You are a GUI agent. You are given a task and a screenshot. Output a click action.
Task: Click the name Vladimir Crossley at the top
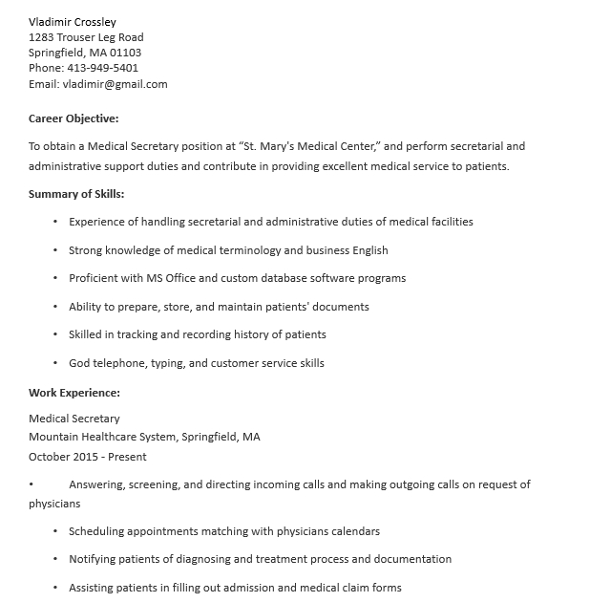73,22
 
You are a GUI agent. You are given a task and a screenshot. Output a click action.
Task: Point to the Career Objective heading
74,118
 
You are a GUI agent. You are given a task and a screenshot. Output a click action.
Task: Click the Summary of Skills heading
76,194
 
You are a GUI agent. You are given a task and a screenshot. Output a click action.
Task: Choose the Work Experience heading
74,393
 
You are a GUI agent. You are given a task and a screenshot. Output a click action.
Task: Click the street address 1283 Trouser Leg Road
86,37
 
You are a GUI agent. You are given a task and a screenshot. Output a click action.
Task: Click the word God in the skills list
80,363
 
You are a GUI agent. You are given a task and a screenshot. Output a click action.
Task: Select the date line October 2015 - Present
88,457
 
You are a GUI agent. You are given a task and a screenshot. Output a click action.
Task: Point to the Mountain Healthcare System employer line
144,437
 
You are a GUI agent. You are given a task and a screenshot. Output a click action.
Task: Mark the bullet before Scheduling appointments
55,531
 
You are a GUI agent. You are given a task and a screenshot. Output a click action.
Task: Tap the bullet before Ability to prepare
55,307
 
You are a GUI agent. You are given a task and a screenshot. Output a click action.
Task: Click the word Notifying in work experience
94,559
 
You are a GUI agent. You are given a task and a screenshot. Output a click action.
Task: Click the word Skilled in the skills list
86,334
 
